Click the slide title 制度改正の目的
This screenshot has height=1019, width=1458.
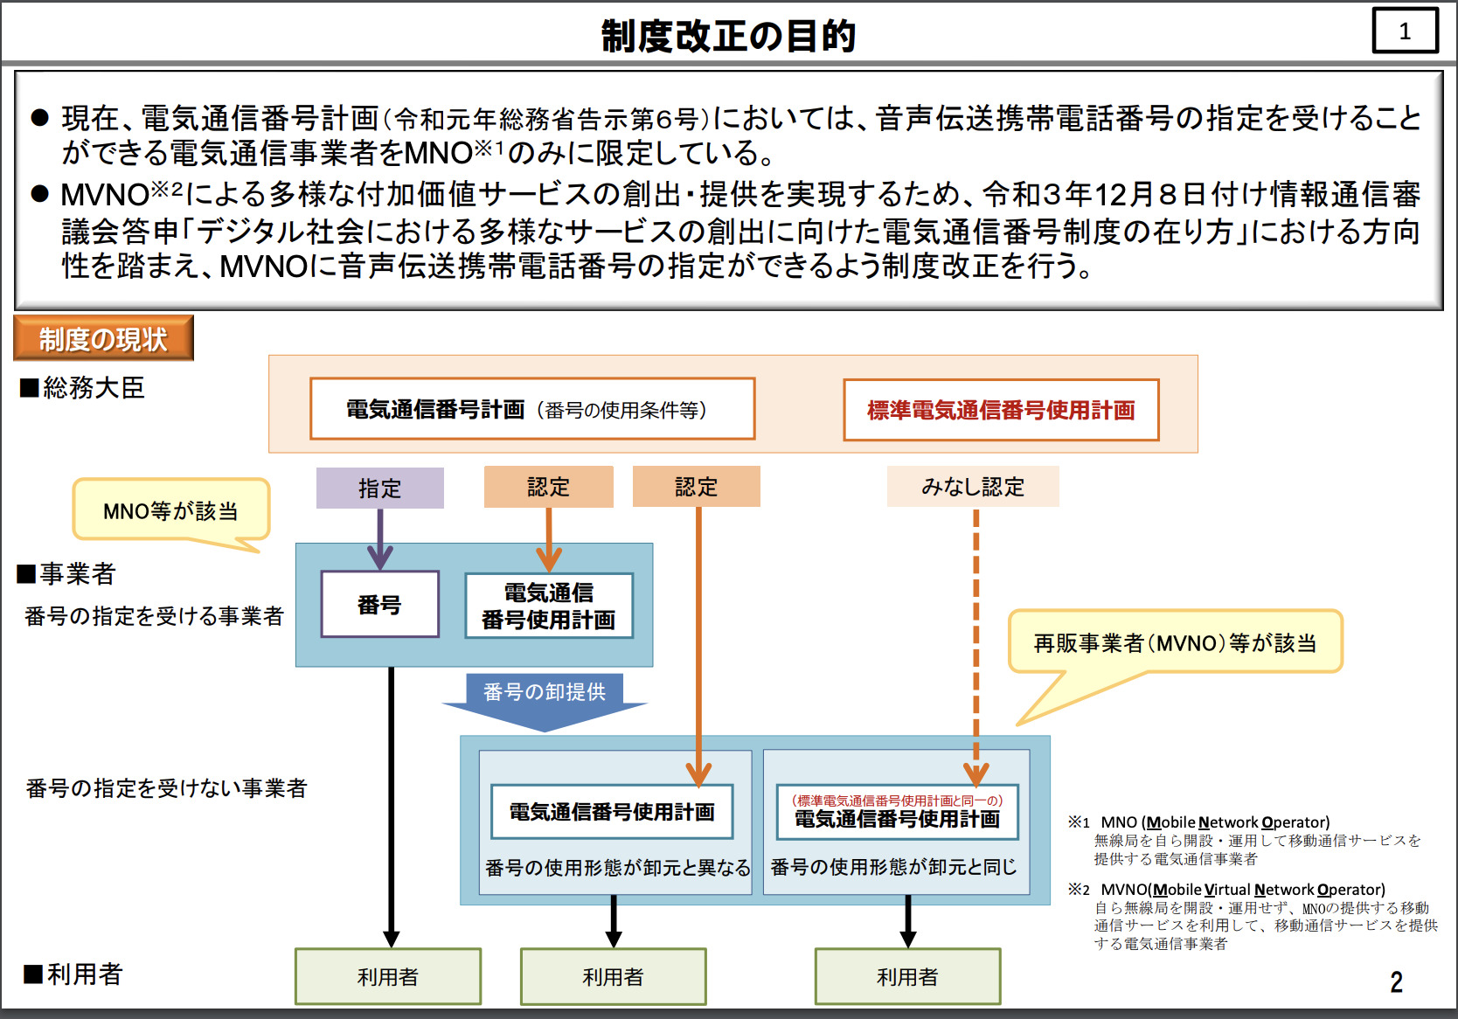[728, 36]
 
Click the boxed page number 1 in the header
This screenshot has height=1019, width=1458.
[1405, 31]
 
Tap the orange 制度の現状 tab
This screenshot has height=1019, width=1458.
[103, 338]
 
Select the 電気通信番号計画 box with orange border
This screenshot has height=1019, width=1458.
[531, 409]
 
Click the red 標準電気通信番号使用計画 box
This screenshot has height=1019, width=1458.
[1001, 410]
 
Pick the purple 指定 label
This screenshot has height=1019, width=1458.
[379, 488]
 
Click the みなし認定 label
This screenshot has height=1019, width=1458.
[972, 487]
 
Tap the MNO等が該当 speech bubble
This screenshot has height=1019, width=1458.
[170, 510]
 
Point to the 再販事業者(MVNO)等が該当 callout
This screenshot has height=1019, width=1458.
[1175, 643]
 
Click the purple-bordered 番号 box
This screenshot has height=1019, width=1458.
[379, 605]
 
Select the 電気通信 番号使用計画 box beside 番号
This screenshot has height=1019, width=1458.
[548, 606]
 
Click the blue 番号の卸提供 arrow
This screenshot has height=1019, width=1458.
[545, 699]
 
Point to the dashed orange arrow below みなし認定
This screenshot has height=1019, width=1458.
[975, 638]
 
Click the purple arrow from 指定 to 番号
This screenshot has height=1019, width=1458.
[379, 538]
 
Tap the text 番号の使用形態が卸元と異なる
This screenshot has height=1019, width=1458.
[617, 868]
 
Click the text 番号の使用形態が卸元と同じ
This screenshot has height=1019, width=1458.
[893, 867]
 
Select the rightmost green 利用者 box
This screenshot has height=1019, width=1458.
[907, 976]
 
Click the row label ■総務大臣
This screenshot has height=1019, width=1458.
[83, 388]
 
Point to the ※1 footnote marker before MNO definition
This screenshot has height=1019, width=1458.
[1079, 822]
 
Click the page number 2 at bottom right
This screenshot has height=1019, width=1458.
[1396, 982]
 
